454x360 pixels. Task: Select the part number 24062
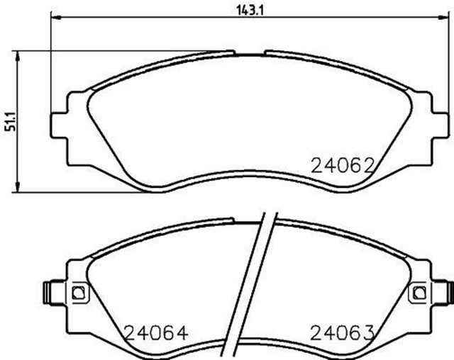[342, 166]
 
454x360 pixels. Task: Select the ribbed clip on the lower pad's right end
[448, 291]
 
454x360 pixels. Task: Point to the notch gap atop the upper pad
[249, 51]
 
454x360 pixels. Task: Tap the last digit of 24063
[367, 332]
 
